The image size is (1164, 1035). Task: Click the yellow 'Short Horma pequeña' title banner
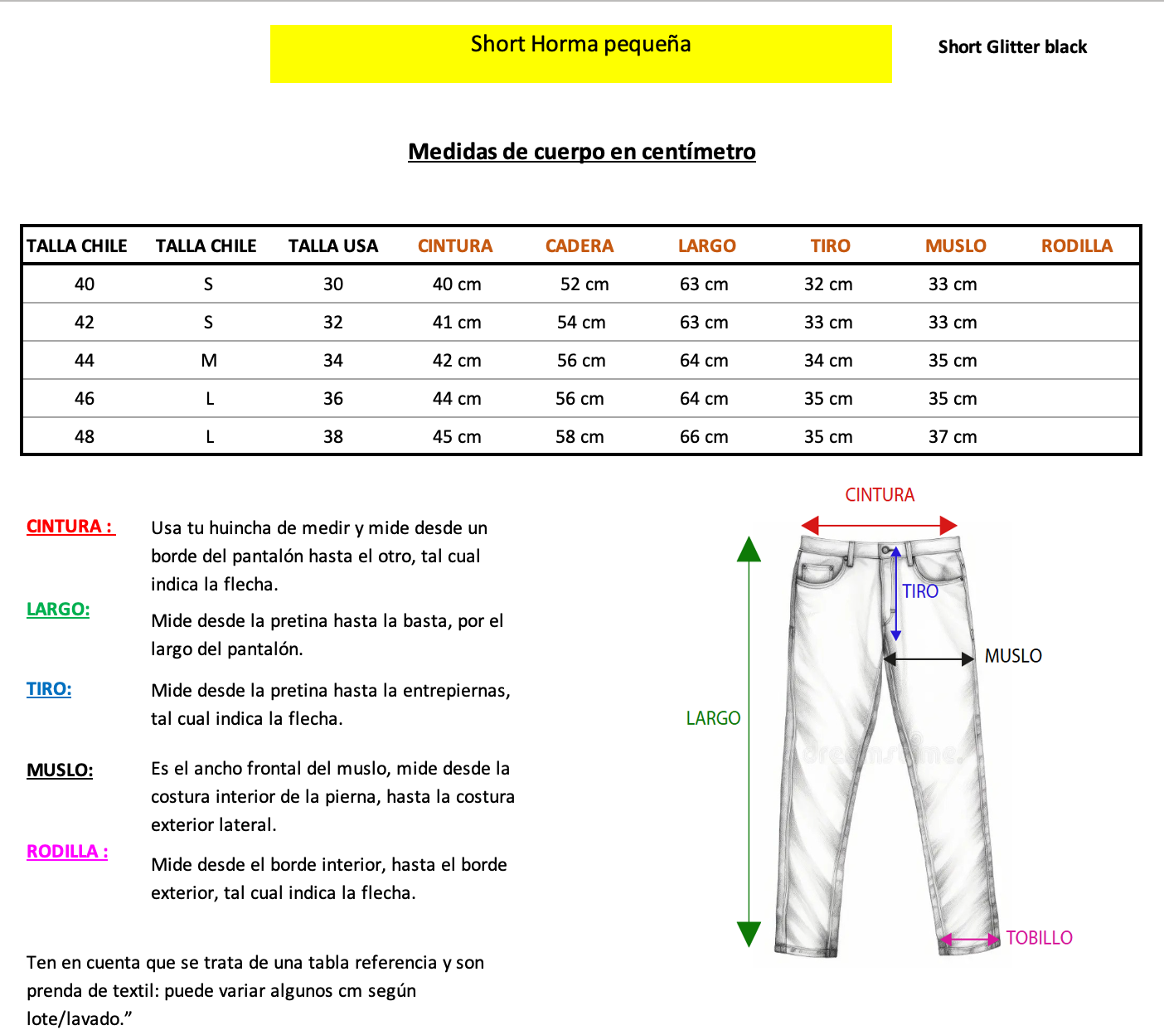580,53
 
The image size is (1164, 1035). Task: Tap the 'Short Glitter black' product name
1012,47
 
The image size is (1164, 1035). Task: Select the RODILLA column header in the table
1076,246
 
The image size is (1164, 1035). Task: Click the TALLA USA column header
332,246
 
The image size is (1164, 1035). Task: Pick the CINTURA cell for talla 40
457,284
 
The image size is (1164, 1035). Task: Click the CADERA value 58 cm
580,437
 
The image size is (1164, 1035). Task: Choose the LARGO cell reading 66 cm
704,437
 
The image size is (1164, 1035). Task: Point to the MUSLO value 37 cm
953,437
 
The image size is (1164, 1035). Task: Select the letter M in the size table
209,361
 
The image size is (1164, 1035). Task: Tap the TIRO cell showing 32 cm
828,284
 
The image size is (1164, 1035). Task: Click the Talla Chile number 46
85,399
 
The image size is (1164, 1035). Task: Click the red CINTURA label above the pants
880,495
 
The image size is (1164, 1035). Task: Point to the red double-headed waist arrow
880,525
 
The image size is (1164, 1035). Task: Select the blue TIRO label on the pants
920,591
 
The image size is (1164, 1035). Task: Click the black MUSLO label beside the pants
1013,656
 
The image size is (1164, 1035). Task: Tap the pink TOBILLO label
1039,938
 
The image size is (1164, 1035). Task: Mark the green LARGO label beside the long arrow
713,718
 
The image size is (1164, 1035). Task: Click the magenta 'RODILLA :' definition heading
67,852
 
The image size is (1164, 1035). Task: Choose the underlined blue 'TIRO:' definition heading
49,689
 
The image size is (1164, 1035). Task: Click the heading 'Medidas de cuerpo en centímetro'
582,152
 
